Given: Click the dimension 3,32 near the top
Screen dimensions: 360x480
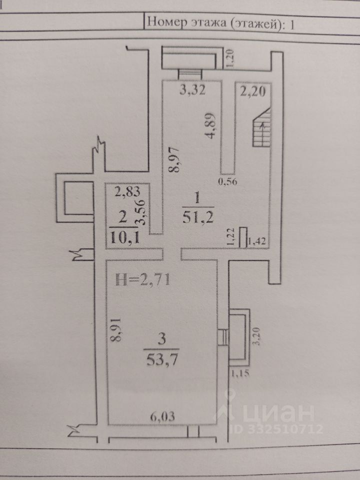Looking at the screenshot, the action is [x=192, y=90].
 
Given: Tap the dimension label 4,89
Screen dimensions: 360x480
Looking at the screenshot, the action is [x=211, y=125].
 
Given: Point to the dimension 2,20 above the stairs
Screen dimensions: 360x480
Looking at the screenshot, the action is [x=253, y=91].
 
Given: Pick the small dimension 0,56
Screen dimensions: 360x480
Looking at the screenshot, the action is [x=227, y=181].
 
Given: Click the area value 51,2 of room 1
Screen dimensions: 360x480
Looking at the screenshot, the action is [x=198, y=217].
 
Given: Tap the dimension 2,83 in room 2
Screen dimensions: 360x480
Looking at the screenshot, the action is [x=127, y=192].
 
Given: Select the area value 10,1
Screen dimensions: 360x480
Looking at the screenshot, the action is [x=124, y=237].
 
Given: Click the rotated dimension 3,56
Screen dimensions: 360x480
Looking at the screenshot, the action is [x=141, y=212].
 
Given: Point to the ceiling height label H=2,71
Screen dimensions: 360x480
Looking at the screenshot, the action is [x=142, y=280].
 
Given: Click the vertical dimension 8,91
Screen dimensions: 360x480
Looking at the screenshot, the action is [x=116, y=329].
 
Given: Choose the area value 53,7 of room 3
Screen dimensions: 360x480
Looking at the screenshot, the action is [x=162, y=359].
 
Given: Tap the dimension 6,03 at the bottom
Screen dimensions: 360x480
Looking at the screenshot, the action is [x=163, y=416].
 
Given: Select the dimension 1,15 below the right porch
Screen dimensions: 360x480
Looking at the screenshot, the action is [x=239, y=373].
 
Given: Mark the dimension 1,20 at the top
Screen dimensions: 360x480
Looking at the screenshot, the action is [x=230, y=58].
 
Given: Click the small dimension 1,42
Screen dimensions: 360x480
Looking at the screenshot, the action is [x=257, y=241].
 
